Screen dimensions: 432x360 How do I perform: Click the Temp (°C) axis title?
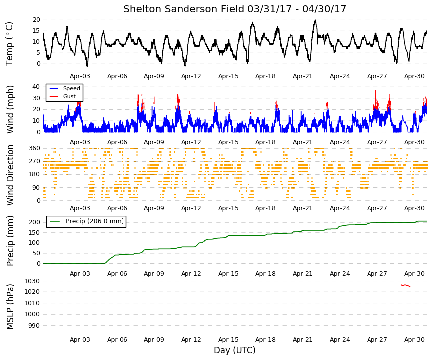coord(9,44)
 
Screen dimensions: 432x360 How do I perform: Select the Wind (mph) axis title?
coord(10,109)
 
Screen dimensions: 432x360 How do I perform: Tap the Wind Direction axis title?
coord(10,175)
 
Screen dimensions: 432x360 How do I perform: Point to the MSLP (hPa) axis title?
coord(10,307)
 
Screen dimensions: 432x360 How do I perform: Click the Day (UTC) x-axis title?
coord(235,350)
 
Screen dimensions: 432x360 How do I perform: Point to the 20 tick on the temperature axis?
coord(37,20)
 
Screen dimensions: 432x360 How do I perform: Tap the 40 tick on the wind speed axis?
coord(37,87)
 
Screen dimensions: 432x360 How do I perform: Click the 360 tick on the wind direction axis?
coord(35,148)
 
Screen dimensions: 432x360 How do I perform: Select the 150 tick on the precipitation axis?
coord(35,232)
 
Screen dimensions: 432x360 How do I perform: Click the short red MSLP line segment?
coord(405,285)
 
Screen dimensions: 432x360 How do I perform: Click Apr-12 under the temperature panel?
coord(191,76)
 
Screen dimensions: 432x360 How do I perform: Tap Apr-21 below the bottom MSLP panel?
coord(303,340)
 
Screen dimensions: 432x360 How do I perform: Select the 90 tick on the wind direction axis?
coord(37,188)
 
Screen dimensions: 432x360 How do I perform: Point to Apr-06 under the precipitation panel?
coord(117,274)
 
